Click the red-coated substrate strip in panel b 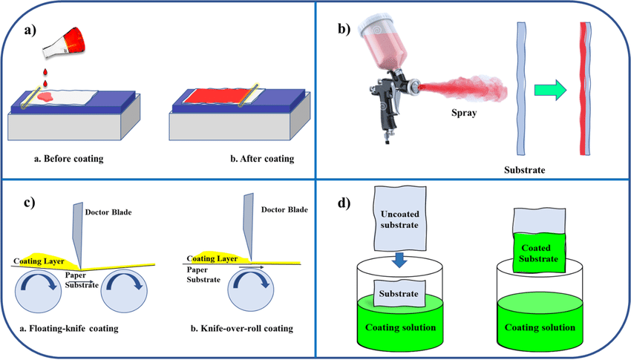(x=586, y=89)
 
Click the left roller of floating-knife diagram (x=45, y=293)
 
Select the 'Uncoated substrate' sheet (x=398, y=219)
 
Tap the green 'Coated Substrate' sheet (x=536, y=252)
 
